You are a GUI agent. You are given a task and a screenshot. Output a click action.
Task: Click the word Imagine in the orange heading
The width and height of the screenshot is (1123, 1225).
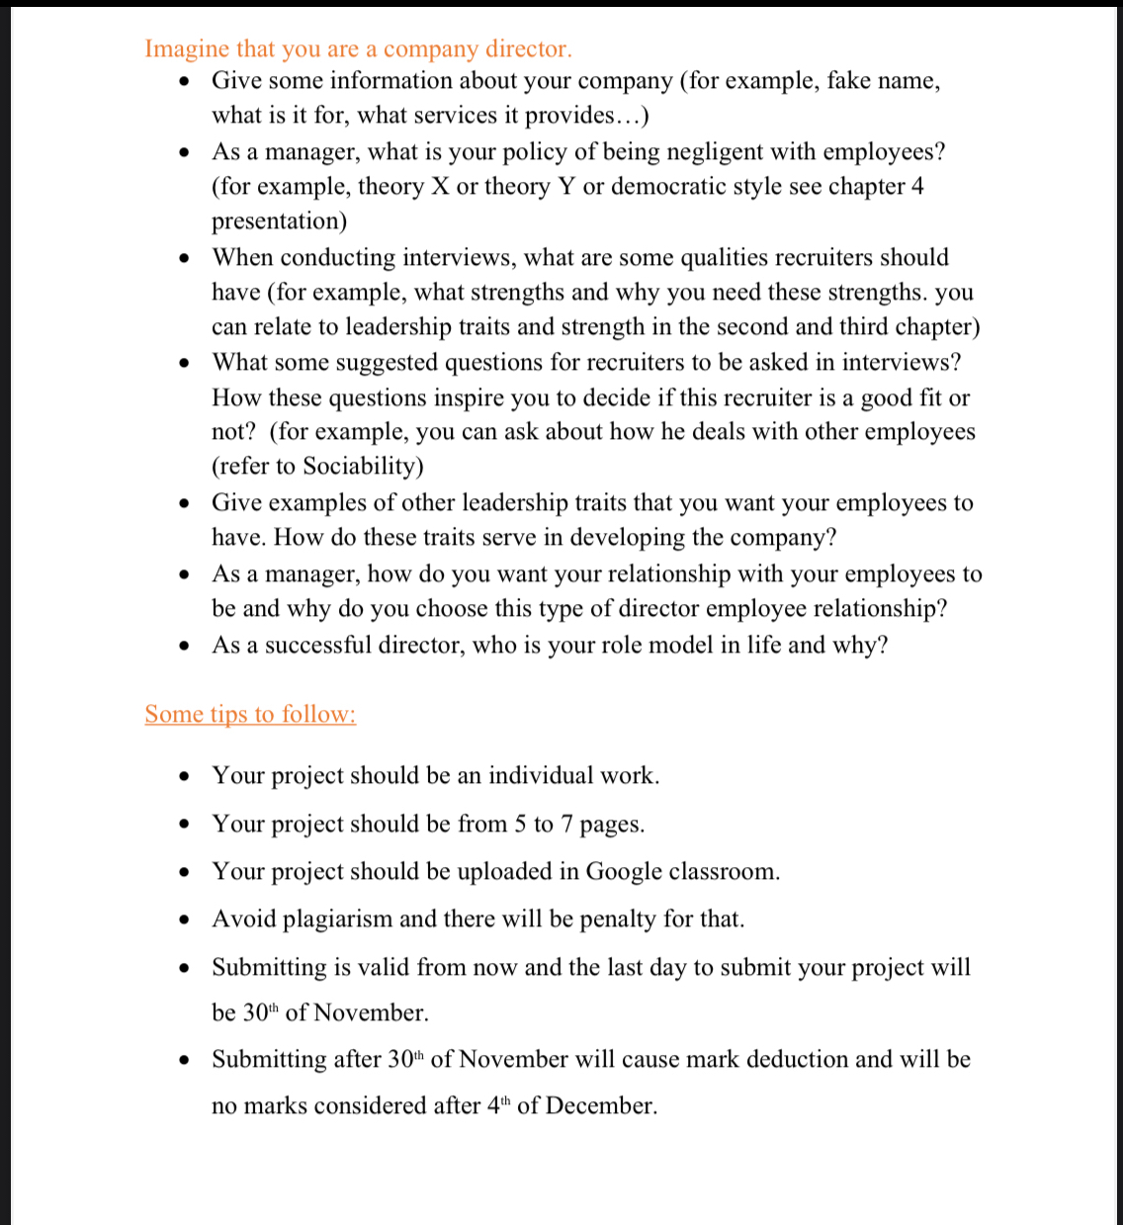point(187,49)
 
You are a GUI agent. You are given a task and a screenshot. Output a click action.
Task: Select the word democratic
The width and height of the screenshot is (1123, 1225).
point(669,187)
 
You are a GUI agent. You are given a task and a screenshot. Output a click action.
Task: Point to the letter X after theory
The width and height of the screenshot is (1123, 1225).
point(441,187)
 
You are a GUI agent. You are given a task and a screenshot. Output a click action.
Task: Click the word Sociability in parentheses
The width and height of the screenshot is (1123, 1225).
point(359,467)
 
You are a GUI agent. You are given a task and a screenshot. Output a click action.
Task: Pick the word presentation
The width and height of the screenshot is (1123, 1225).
point(279,221)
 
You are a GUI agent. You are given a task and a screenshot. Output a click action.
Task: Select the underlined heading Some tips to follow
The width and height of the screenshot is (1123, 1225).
point(250,714)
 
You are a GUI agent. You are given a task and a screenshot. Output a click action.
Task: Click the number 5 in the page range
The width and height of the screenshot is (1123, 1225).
point(520,825)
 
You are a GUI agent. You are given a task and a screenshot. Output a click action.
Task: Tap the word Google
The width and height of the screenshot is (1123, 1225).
point(624,872)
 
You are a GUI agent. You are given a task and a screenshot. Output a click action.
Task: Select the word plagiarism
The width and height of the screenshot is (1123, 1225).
point(338,919)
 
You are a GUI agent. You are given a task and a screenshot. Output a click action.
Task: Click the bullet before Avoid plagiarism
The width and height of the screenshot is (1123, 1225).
point(185,919)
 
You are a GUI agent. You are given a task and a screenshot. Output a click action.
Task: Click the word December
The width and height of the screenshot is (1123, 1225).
point(600,1106)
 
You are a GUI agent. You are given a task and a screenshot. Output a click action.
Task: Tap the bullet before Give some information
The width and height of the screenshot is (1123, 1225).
point(185,81)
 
